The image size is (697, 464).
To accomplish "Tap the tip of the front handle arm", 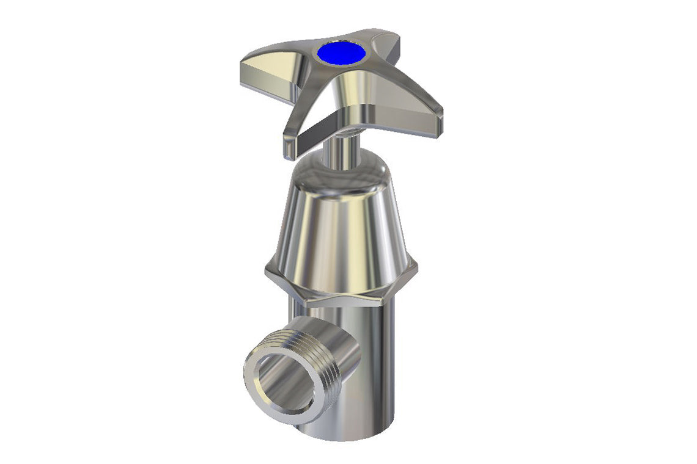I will point(290,147).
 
